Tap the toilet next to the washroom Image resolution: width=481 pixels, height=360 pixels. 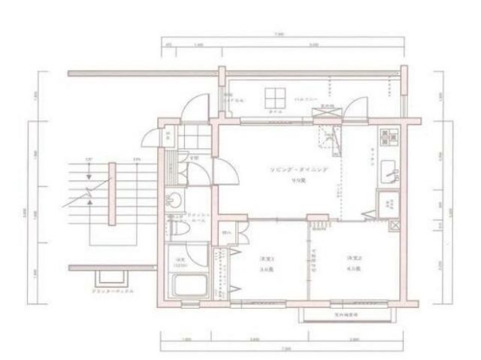click(x=174, y=224)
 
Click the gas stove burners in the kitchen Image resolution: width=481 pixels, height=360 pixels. click(x=389, y=137)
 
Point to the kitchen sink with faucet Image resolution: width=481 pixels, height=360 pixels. click(x=390, y=172)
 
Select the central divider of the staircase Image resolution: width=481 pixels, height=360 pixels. click(x=113, y=193)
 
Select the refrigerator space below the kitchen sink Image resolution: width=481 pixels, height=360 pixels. click(x=389, y=202)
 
